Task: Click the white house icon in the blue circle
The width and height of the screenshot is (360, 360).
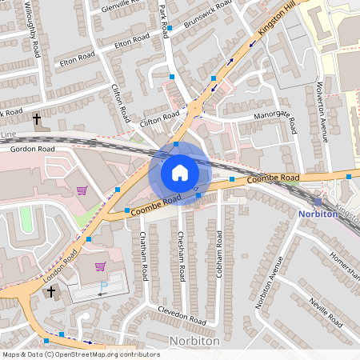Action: pos(180,172)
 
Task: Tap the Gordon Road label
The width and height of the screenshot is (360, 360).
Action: pos(33,149)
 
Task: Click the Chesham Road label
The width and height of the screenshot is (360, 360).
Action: pos(182,256)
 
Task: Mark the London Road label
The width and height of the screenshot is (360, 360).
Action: pos(61,264)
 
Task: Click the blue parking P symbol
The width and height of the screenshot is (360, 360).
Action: pos(103,286)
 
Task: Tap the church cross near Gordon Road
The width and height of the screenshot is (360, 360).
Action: pos(37,119)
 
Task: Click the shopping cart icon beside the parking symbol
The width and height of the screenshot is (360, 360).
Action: pos(101,266)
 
